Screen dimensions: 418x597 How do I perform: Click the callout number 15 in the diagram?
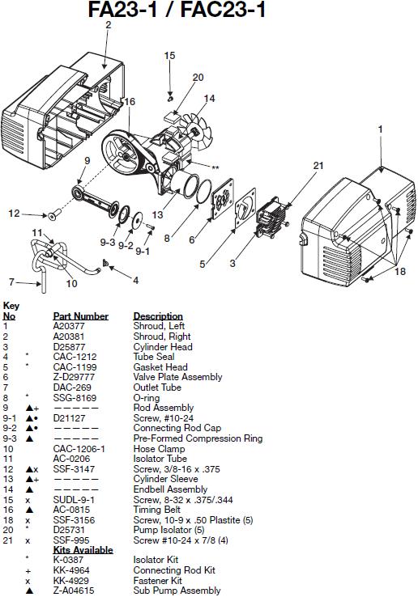coord(169,56)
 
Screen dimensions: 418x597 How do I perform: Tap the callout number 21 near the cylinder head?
coord(318,166)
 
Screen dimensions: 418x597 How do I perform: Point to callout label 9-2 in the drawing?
coord(126,246)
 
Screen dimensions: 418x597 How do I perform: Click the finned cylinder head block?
coord(271,218)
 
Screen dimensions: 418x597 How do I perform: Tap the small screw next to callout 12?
coord(54,214)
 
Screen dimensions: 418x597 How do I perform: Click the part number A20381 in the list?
coord(69,337)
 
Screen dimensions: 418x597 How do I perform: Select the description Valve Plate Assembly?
coord(177,377)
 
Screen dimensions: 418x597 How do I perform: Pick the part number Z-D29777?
coord(74,377)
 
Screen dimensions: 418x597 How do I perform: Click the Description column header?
coord(158,316)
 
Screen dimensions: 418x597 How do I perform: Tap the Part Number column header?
coord(80,316)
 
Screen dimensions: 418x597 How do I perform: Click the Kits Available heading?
coord(83,550)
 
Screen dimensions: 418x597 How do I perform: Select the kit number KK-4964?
coord(71,570)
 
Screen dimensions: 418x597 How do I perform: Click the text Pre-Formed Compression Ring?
coord(198,438)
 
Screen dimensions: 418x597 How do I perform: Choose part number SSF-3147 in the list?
coord(74,469)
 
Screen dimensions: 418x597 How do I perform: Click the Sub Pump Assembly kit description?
coord(177,591)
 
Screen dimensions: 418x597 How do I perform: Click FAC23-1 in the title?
coord(223,10)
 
